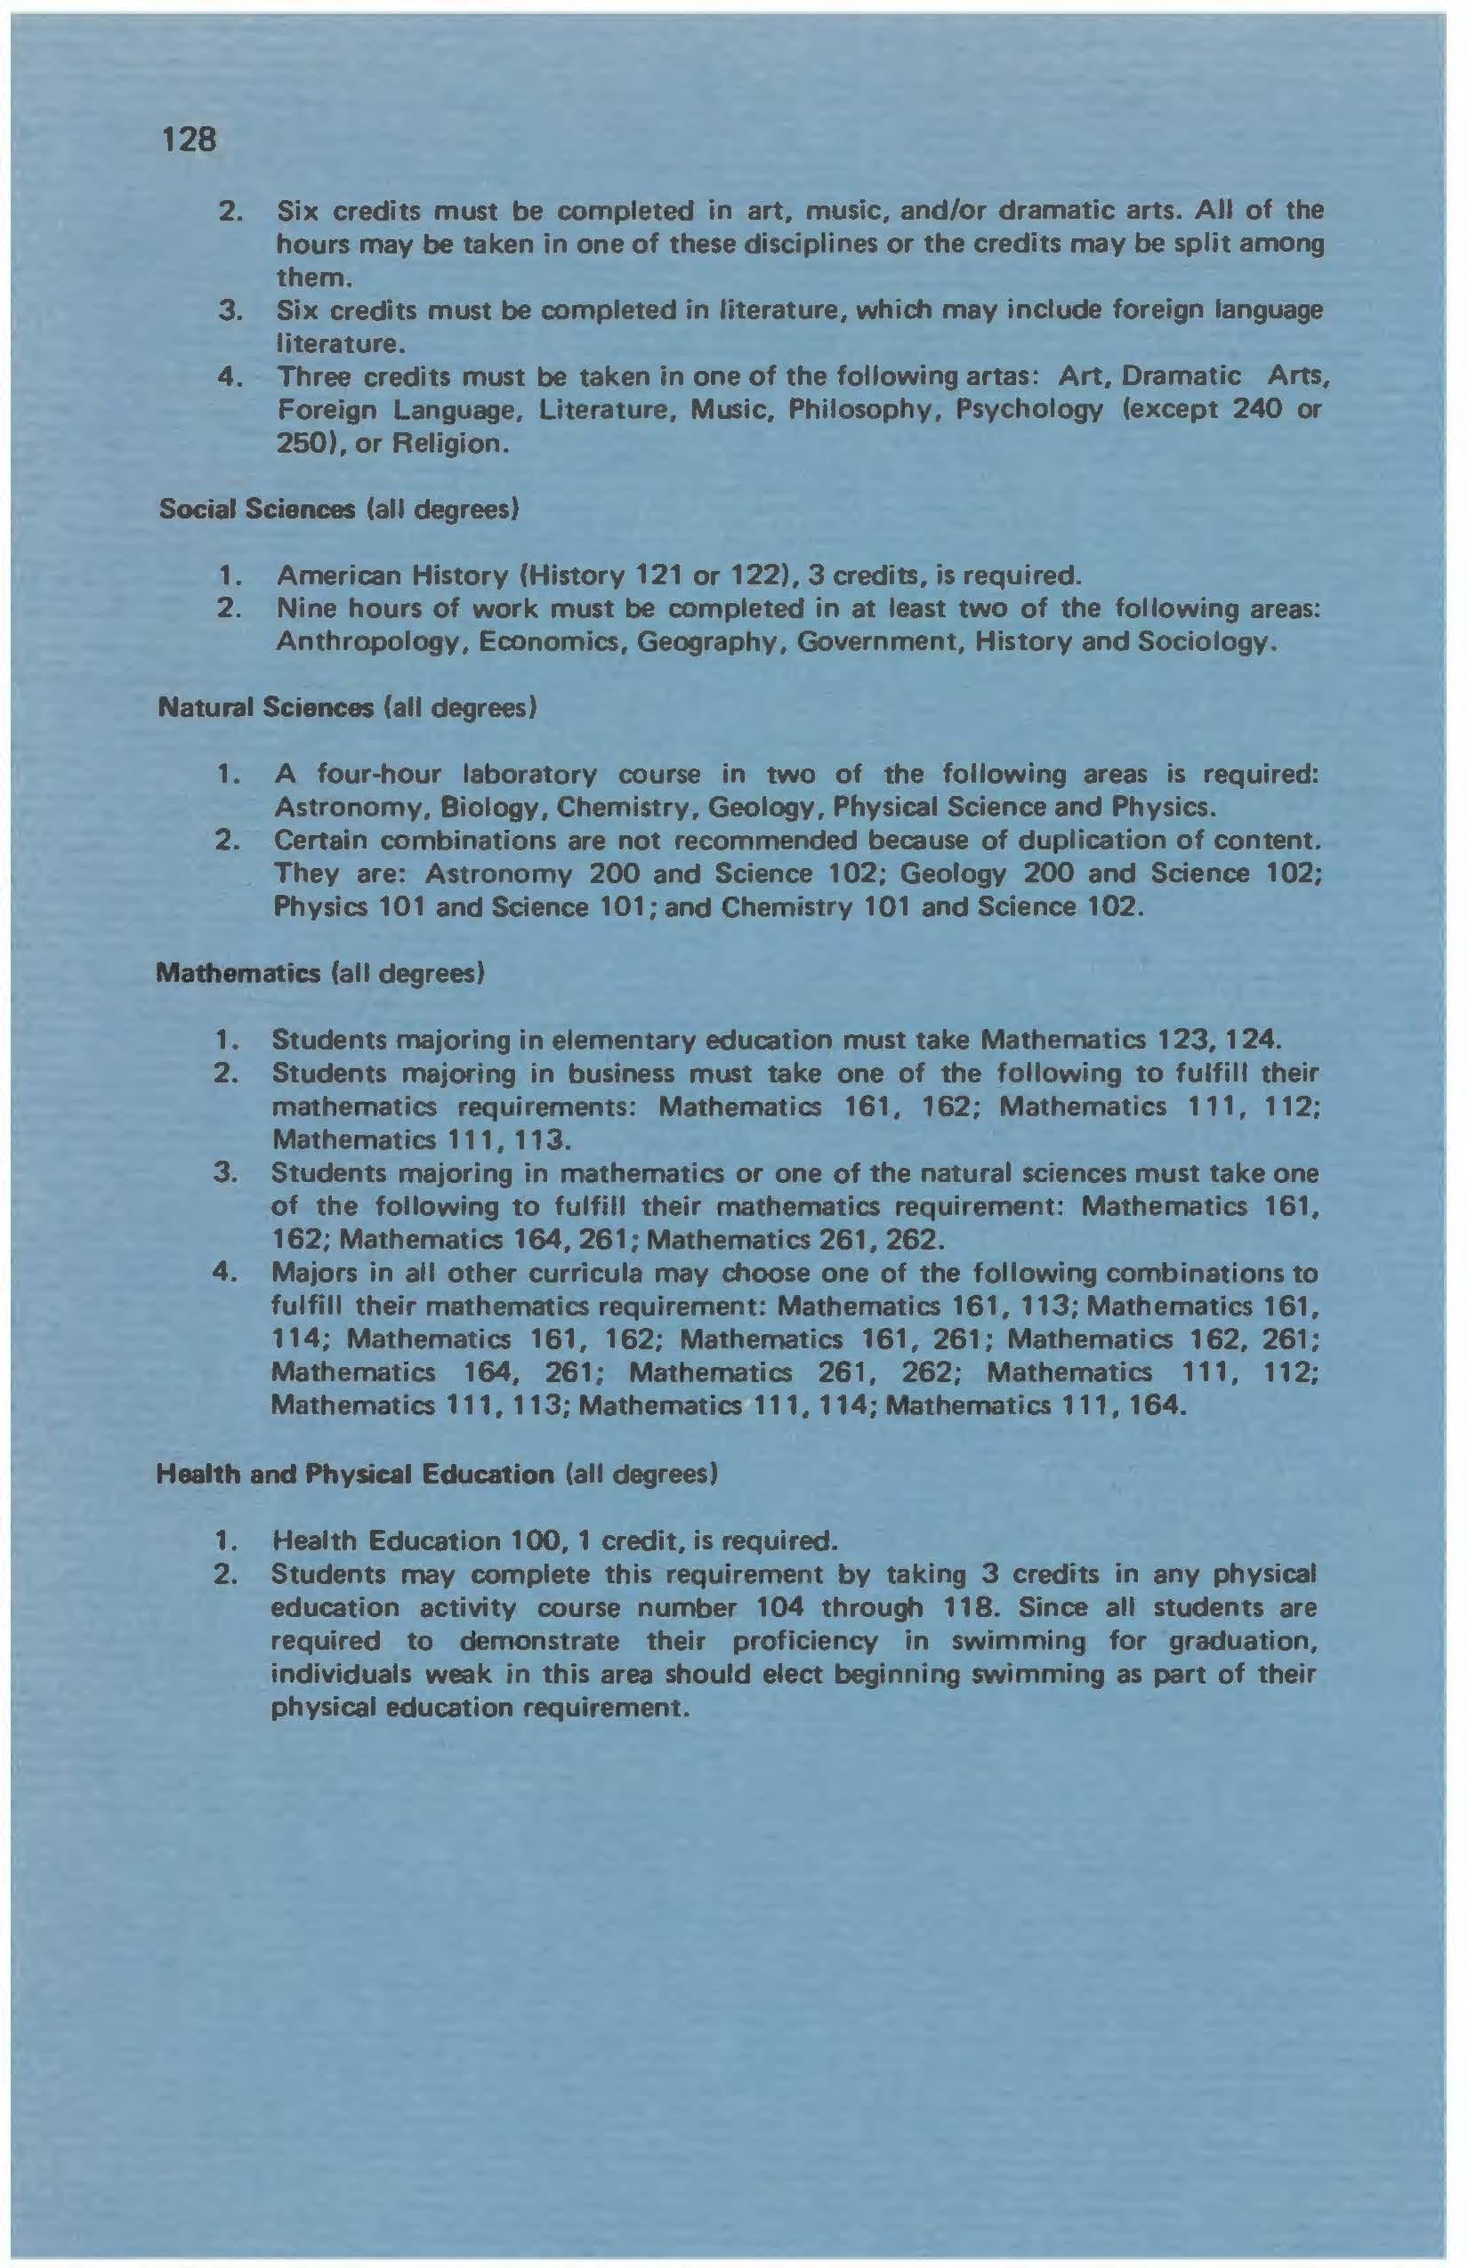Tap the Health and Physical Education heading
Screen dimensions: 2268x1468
355,1476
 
